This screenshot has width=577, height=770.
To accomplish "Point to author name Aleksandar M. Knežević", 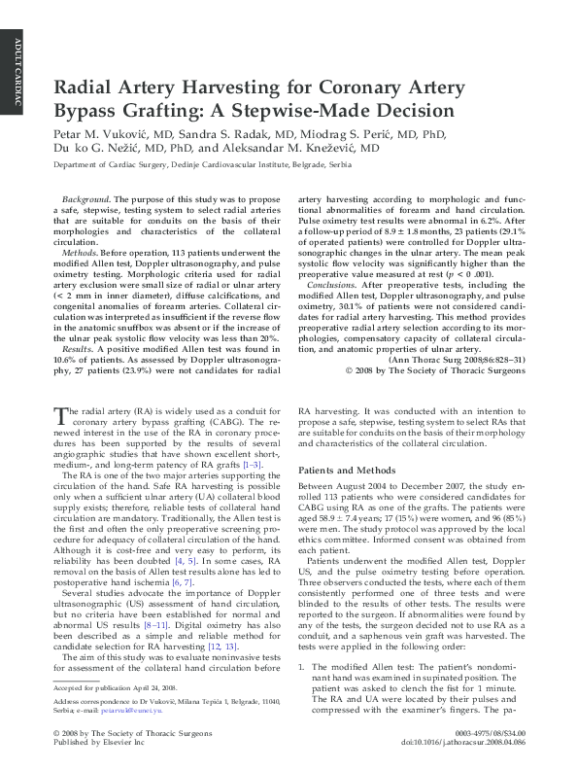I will tap(289, 150).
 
